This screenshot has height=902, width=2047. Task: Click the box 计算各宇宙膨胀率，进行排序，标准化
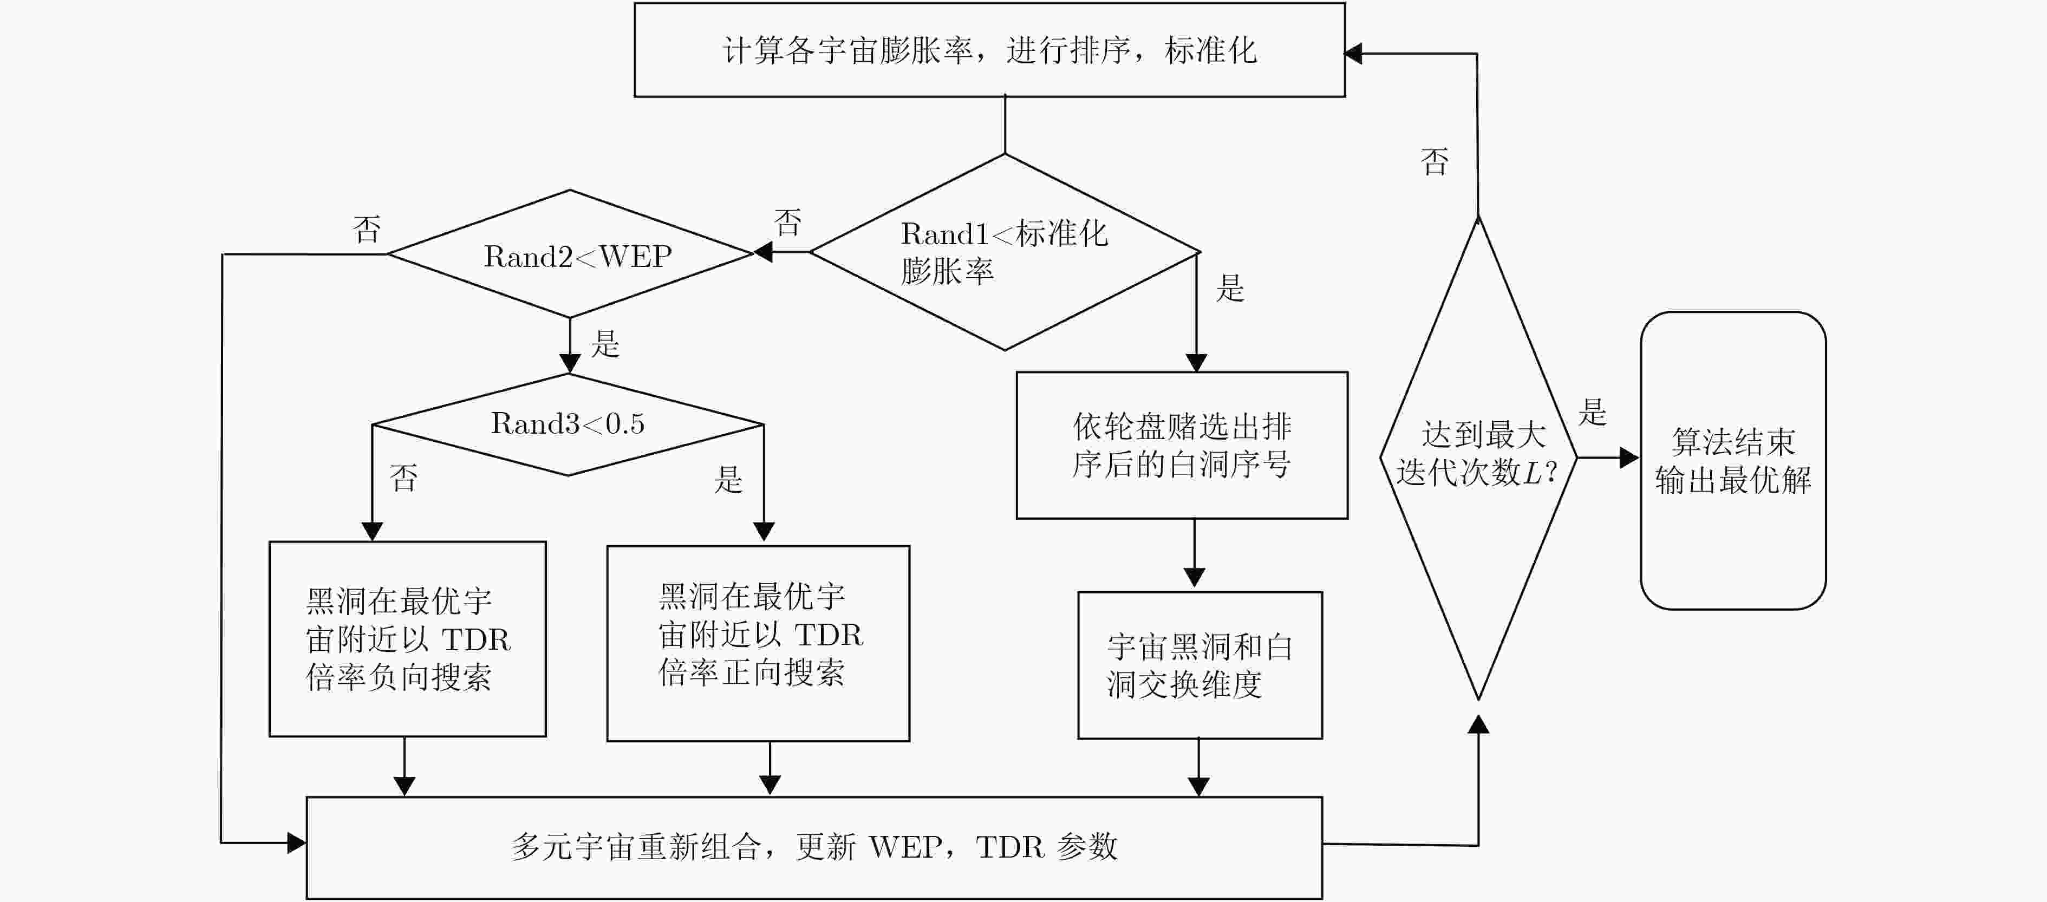coord(989,50)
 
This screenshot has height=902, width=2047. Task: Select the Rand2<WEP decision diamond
coord(570,254)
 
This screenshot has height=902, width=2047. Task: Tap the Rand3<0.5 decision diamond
coord(568,424)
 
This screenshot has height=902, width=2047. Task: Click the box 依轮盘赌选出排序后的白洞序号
coord(1182,445)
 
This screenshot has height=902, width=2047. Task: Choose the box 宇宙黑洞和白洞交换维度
coord(1199,665)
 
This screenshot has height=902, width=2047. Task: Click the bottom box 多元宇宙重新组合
coord(814,847)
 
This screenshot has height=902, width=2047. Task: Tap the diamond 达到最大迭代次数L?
coord(1477,457)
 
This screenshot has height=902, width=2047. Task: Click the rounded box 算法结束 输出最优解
coord(1732,460)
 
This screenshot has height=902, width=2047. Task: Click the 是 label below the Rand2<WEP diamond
coord(605,343)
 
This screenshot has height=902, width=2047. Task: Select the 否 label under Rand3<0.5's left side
coord(403,478)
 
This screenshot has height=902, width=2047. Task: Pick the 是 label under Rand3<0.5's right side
coord(728,479)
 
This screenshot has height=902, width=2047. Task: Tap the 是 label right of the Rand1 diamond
coord(1230,287)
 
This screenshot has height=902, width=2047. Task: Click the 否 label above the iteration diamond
coord(1435,162)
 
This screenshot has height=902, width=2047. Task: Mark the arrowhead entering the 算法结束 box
coord(1628,457)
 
